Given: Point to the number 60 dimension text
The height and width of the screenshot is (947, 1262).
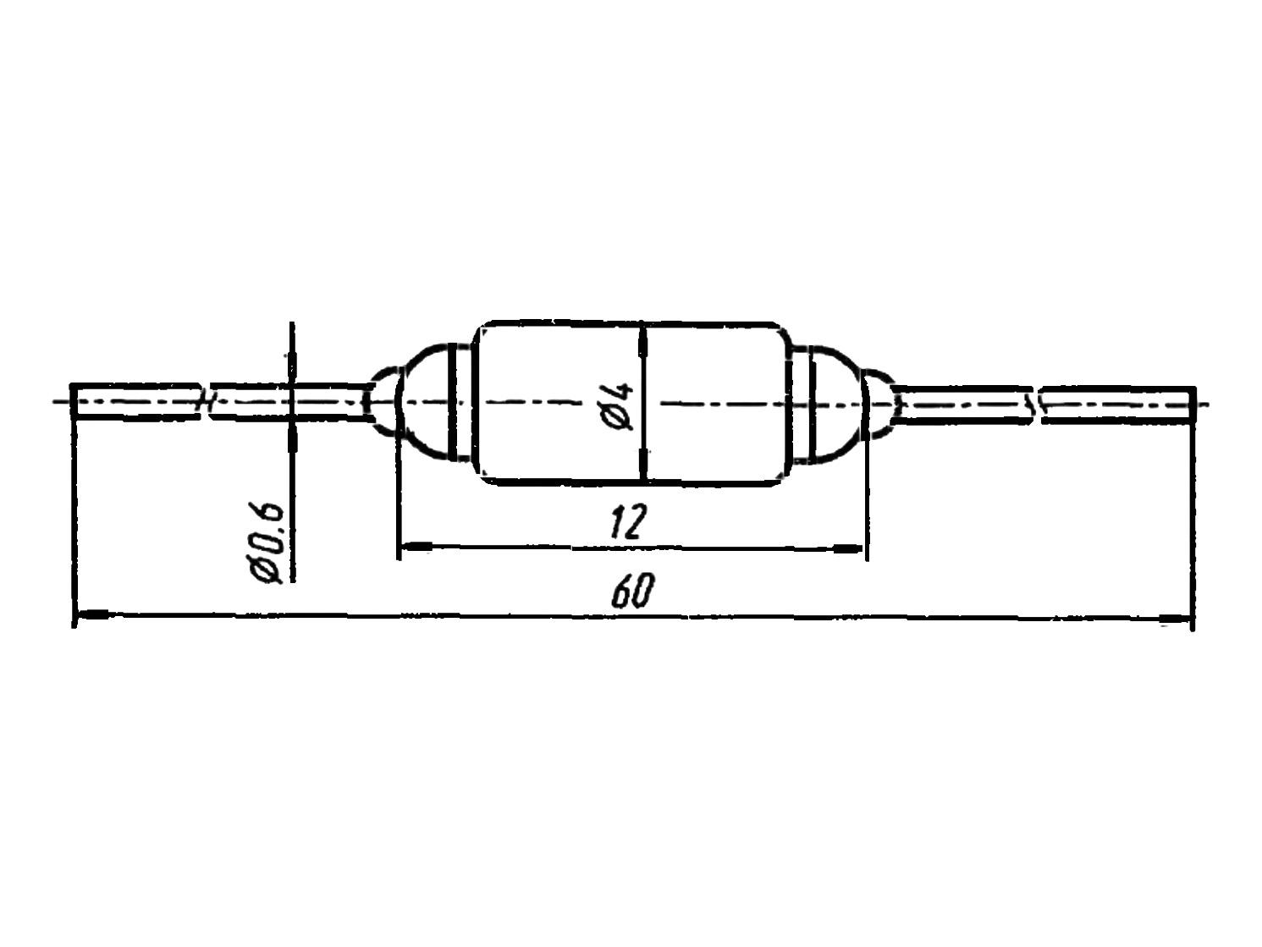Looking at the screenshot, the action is [x=632, y=592].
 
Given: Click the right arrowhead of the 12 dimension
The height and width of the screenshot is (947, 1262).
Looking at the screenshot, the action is [x=848, y=549].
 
